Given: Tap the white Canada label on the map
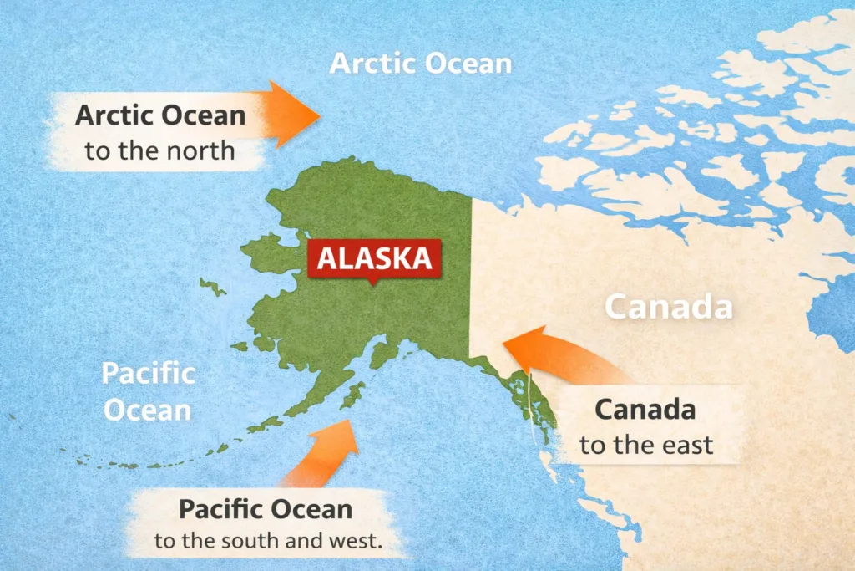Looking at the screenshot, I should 669,308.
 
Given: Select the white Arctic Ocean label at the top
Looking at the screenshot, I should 421,64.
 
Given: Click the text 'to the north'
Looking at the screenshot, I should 159,151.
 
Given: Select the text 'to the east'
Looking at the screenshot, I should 647,445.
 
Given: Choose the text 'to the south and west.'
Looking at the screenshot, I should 268,540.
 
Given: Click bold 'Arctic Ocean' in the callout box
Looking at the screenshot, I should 160,115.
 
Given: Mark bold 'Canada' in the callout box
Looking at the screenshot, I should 645,410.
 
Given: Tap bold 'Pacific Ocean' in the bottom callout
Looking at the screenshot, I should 266,508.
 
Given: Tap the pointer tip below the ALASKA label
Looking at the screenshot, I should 372,282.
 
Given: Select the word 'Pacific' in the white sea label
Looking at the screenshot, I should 148,373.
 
